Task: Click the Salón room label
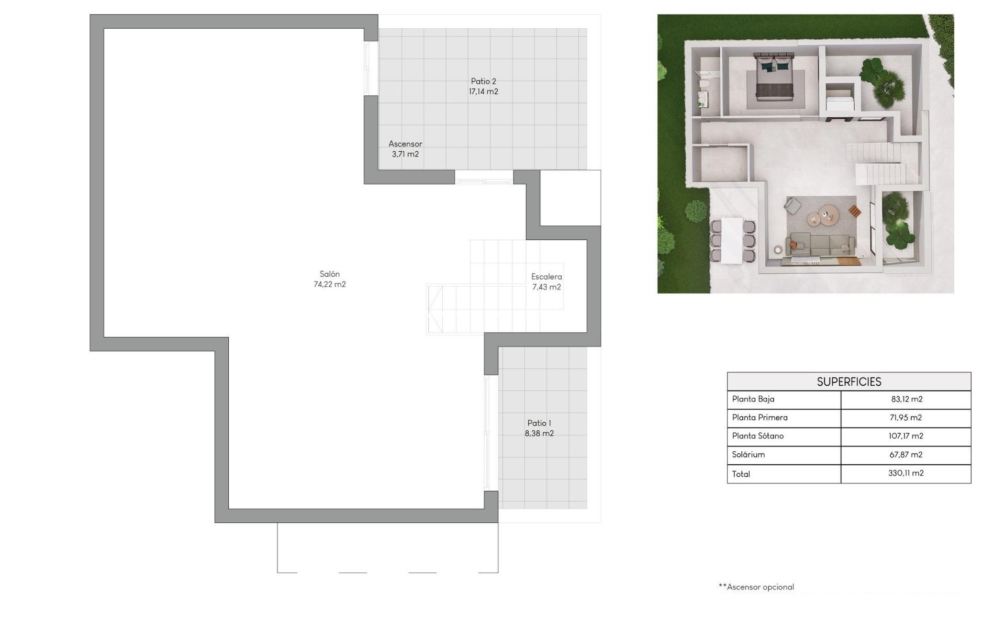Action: (x=329, y=274)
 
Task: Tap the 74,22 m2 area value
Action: (x=329, y=285)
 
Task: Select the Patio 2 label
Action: (x=483, y=81)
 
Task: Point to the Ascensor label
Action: (x=405, y=144)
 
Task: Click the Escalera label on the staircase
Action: (x=546, y=277)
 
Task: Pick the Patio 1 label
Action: (x=539, y=423)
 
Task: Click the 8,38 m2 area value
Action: (x=539, y=433)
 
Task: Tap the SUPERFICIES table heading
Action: (x=848, y=382)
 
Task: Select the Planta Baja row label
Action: (x=753, y=399)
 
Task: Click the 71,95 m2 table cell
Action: (x=906, y=418)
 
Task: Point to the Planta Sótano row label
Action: (x=757, y=436)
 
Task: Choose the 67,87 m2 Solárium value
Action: (x=906, y=455)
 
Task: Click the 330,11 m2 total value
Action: (x=906, y=473)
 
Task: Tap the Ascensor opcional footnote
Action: (x=756, y=587)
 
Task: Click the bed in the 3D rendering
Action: (x=774, y=76)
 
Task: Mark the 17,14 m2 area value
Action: (x=483, y=92)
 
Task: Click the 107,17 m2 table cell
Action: (x=906, y=436)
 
